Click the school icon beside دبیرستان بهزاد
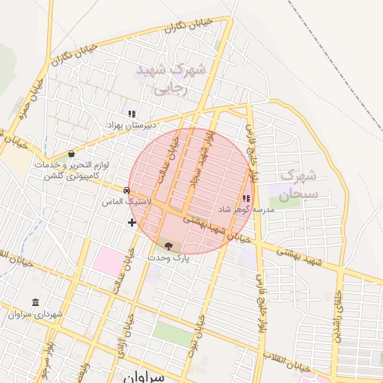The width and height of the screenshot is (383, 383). point(132,114)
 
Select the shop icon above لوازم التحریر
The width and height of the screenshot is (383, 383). point(71,153)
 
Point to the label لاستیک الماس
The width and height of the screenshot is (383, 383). point(127,202)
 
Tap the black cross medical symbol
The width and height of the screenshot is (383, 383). point(132,222)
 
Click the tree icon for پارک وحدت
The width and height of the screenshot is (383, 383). point(168,246)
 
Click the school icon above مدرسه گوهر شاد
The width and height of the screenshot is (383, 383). point(246,198)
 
